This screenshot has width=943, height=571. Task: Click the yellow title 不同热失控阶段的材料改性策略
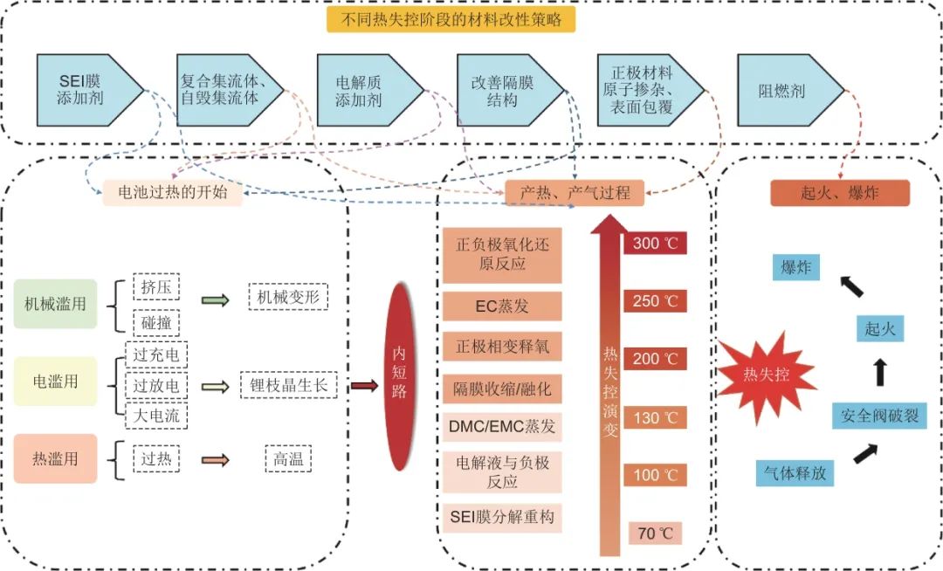(451, 18)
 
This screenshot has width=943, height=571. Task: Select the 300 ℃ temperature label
(656, 243)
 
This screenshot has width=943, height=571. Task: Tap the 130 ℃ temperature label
(656, 418)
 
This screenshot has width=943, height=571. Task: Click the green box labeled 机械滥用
(55, 303)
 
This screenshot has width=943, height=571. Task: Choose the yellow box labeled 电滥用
(55, 382)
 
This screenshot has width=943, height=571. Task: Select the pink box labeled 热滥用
(55, 457)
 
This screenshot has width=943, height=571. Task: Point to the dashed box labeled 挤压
(156, 287)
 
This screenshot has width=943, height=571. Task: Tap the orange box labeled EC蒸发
(502, 306)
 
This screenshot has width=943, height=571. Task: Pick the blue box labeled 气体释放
(795, 472)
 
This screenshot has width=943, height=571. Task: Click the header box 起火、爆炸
(840, 193)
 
